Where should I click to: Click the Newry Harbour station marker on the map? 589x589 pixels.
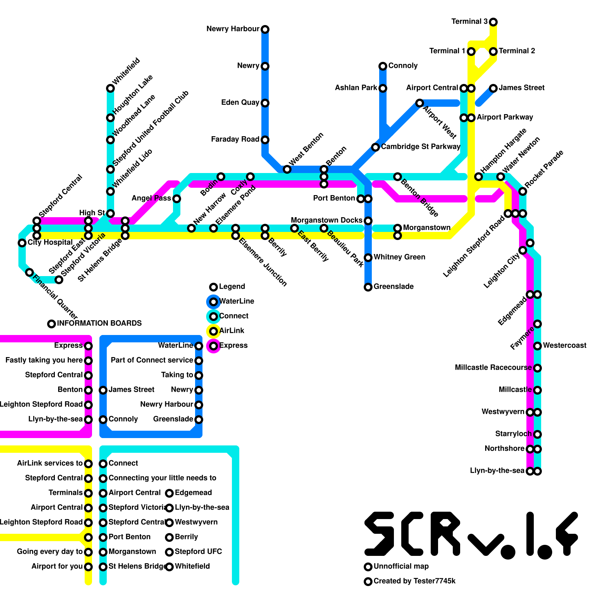(x=265, y=29)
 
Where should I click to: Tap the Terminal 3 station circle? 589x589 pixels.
(x=493, y=22)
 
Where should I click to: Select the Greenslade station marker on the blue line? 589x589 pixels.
(x=368, y=287)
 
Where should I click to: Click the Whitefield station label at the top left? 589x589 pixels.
(x=126, y=71)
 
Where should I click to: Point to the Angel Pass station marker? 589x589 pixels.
(x=177, y=199)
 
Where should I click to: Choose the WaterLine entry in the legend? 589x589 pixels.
(x=236, y=301)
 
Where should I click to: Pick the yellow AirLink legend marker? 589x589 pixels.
(x=214, y=331)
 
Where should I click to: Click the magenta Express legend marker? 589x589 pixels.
(x=214, y=346)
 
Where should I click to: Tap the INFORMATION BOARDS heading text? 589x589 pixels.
(x=99, y=323)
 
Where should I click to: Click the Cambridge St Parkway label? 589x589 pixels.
(x=420, y=147)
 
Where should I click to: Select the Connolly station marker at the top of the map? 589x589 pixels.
(x=383, y=66)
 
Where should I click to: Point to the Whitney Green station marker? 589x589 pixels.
(x=368, y=257)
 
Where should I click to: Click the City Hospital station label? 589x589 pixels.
(x=50, y=242)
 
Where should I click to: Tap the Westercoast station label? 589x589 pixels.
(x=564, y=345)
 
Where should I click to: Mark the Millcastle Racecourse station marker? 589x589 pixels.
(x=537, y=368)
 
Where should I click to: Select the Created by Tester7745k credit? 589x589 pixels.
(x=415, y=581)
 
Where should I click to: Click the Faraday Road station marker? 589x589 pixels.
(x=265, y=140)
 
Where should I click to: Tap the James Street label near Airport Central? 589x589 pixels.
(x=521, y=88)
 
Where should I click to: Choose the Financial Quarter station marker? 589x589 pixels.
(x=29, y=272)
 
